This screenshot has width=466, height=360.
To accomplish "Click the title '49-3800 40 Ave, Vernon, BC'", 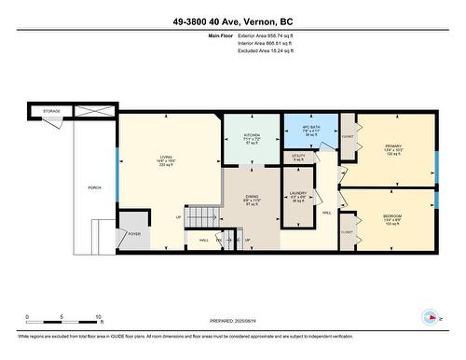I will point(233,21).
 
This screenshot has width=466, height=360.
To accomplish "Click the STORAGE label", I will point(52,112).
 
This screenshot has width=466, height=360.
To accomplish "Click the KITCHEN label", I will point(237,135).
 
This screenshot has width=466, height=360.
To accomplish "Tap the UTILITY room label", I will point(299,156).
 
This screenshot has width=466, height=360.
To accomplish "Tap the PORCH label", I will point(94,186).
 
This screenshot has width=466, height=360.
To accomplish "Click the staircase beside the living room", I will point(199,217).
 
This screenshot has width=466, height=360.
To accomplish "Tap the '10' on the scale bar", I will point(97,316).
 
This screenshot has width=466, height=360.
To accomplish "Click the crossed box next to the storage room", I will point(94,111).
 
